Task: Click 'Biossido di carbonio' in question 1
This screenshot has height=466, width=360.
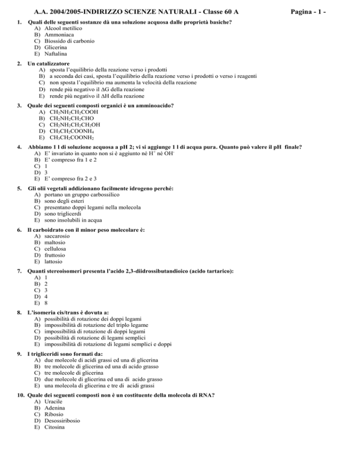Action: pyautogui.click(x=69, y=41)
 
